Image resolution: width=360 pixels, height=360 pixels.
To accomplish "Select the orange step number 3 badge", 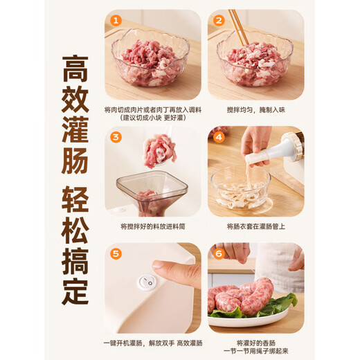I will click(x=116, y=136).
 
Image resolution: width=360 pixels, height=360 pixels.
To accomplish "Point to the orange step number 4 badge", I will click(x=219, y=136).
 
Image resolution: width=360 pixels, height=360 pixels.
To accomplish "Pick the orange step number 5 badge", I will click(x=116, y=253).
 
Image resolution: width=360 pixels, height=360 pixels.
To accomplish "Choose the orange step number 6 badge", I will click(x=219, y=253).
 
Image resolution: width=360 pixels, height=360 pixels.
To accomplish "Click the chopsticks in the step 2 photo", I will click(x=237, y=28).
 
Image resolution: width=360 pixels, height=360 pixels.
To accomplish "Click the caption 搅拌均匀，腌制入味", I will click(x=255, y=109).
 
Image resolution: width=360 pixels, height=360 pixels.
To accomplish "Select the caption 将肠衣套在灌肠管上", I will click(x=255, y=226).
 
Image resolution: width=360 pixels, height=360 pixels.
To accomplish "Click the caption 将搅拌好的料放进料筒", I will click(x=153, y=226).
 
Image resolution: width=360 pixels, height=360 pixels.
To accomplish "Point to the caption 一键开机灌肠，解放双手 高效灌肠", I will click(x=153, y=343).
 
